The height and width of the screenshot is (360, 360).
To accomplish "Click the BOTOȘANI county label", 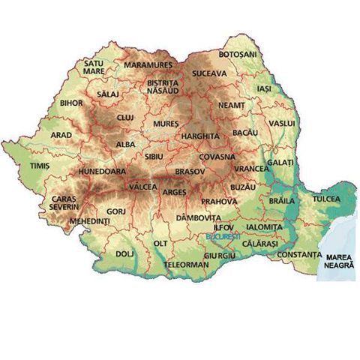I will coord(238,55).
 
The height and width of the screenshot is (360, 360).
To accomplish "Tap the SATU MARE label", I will coord(94,69).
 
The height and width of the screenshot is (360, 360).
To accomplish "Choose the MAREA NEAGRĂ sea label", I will coord(337,259).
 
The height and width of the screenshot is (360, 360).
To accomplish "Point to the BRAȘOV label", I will coord(189,172).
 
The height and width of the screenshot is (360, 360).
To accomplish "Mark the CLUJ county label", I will coord(125,118).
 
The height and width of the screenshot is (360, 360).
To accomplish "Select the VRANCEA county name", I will coord(251,169).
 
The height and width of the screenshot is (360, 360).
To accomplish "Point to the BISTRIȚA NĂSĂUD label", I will coord(163,86).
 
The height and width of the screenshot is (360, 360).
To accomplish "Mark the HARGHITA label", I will coord(199,136).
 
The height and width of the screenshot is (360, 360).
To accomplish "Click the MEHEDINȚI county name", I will coord(89,222).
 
